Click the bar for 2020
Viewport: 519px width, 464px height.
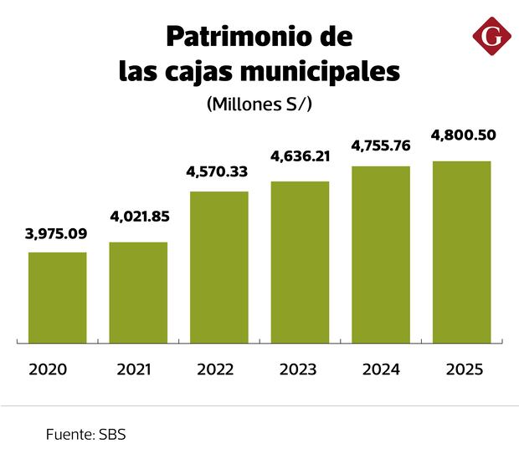(x=58, y=297)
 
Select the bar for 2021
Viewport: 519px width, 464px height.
(x=138, y=292)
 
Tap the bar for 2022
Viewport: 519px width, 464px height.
(x=219, y=267)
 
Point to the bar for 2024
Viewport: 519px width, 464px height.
(x=381, y=254)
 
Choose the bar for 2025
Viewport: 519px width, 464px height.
(x=461, y=252)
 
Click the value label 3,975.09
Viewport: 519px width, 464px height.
(x=58, y=233)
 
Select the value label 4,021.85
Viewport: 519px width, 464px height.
(x=139, y=217)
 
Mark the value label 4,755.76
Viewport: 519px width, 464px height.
(x=381, y=145)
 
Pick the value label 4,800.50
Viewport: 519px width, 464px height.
(x=461, y=135)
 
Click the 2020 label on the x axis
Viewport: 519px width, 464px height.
(x=47, y=369)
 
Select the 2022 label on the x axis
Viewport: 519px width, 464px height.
(x=216, y=369)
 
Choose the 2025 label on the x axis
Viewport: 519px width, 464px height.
(x=465, y=369)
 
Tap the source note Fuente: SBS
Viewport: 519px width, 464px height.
(x=85, y=436)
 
